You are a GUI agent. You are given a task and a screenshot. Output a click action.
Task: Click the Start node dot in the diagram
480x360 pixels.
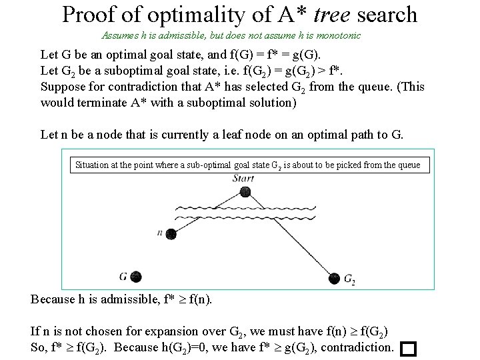247,193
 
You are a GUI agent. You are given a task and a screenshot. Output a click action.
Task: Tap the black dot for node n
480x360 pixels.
171,233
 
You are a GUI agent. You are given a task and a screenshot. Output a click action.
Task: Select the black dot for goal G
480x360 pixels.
136,275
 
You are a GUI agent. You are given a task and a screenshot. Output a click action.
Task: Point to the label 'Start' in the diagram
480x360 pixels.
247,179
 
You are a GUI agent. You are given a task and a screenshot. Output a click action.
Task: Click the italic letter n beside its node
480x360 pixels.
159,233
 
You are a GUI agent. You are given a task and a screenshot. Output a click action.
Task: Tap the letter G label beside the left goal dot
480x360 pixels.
123,275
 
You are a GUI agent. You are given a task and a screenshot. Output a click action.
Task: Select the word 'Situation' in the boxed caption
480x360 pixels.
94,165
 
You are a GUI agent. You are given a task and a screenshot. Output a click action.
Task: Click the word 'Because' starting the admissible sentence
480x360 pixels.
54,299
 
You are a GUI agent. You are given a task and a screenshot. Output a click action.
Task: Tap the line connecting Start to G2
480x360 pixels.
291,235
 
